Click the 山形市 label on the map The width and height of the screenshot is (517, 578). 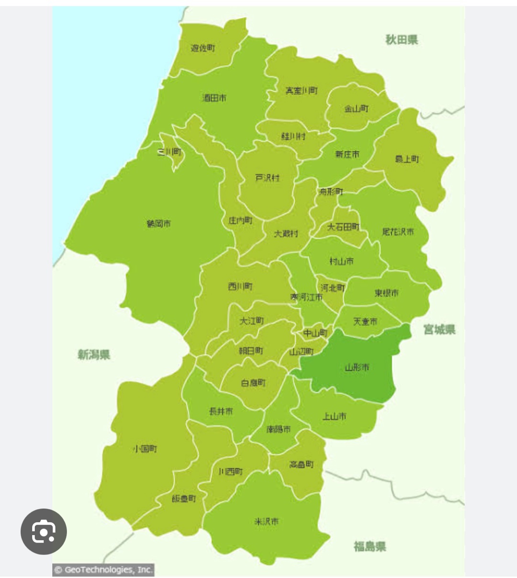[x=357, y=367]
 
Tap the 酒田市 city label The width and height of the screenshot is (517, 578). [x=214, y=98]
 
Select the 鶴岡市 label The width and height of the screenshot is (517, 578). [x=158, y=224]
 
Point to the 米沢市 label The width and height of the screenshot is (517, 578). [x=266, y=522]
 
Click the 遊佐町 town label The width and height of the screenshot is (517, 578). [x=203, y=48]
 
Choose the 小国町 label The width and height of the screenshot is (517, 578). [x=145, y=449]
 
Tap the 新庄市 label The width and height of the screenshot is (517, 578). [x=347, y=154]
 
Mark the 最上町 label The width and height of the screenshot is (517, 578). [x=407, y=159]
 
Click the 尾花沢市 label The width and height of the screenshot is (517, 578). [x=398, y=232]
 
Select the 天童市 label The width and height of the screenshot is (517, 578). [x=365, y=322]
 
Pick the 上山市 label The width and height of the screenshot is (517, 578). [x=334, y=416]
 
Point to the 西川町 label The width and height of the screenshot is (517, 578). [x=240, y=286]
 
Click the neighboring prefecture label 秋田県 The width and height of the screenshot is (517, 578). [x=402, y=40]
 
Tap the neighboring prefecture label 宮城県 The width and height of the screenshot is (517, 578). [x=439, y=329]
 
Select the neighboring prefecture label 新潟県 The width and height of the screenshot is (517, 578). [x=94, y=355]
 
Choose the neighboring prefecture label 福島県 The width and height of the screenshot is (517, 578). [x=370, y=546]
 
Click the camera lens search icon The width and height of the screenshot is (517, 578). [x=44, y=532]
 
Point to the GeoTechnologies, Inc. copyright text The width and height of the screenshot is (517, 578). [x=103, y=570]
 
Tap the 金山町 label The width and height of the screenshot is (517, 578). [x=357, y=109]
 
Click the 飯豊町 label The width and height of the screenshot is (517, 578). [x=184, y=499]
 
